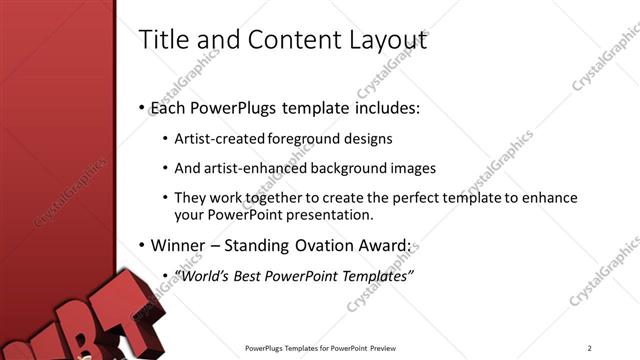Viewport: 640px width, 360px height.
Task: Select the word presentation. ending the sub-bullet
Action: [329, 214]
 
